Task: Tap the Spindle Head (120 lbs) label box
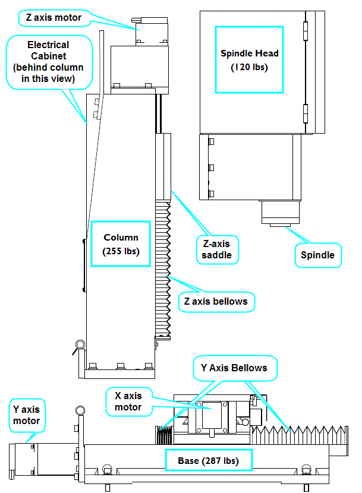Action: click(x=249, y=60)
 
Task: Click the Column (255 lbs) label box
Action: click(x=121, y=244)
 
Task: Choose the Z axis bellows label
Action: click(x=215, y=301)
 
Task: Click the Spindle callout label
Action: click(x=317, y=255)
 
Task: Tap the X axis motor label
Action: click(x=129, y=402)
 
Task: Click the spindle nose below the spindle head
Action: click(x=282, y=214)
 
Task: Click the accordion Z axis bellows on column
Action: click(x=163, y=267)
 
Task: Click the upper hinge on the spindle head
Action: click(x=306, y=29)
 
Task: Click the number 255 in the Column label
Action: click(x=114, y=251)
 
